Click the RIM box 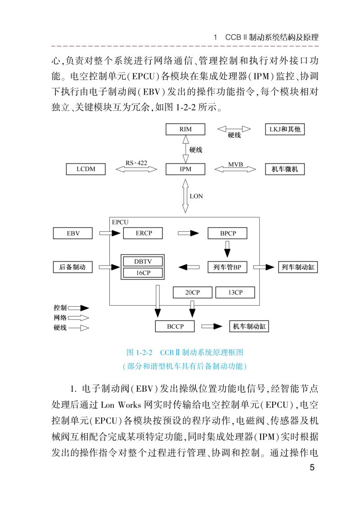[185, 129]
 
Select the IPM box [185, 169]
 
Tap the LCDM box [85, 169]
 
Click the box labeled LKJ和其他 [284, 129]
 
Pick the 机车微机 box [285, 169]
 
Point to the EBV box [73, 233]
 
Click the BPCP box [228, 233]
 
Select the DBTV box [143, 262]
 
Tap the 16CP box [143, 273]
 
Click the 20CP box [192, 292]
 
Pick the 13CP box [235, 292]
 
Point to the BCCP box [175, 326]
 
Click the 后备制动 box [72, 267]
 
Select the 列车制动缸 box [297, 267]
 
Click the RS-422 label [136, 163]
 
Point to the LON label [196, 196]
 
